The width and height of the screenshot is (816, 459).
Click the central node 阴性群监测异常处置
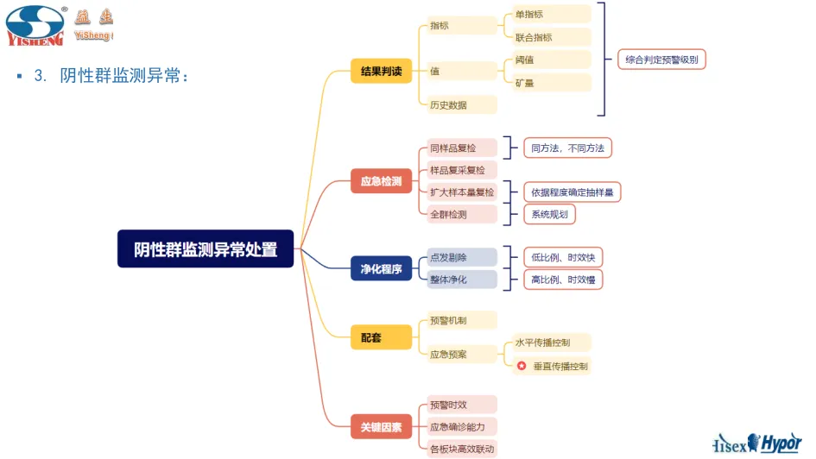pos(206,249)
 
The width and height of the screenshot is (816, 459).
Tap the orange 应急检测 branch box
pos(381,181)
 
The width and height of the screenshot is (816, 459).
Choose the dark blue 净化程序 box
pos(381,269)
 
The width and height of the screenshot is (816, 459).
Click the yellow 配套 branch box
pos(381,338)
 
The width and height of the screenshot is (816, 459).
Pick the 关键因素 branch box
pos(381,426)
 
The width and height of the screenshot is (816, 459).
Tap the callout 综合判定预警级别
pos(662,60)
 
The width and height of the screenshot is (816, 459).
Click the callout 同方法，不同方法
pos(567,148)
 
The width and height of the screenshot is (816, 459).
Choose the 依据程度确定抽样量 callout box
pos(572,192)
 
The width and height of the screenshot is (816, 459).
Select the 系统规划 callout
pos(550,214)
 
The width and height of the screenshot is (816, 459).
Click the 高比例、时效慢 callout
pos(562,280)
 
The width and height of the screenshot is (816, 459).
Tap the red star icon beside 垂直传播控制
pos(522,366)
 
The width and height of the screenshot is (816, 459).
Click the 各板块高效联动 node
pos(462,448)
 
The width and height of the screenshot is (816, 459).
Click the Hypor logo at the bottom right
pos(781,443)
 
